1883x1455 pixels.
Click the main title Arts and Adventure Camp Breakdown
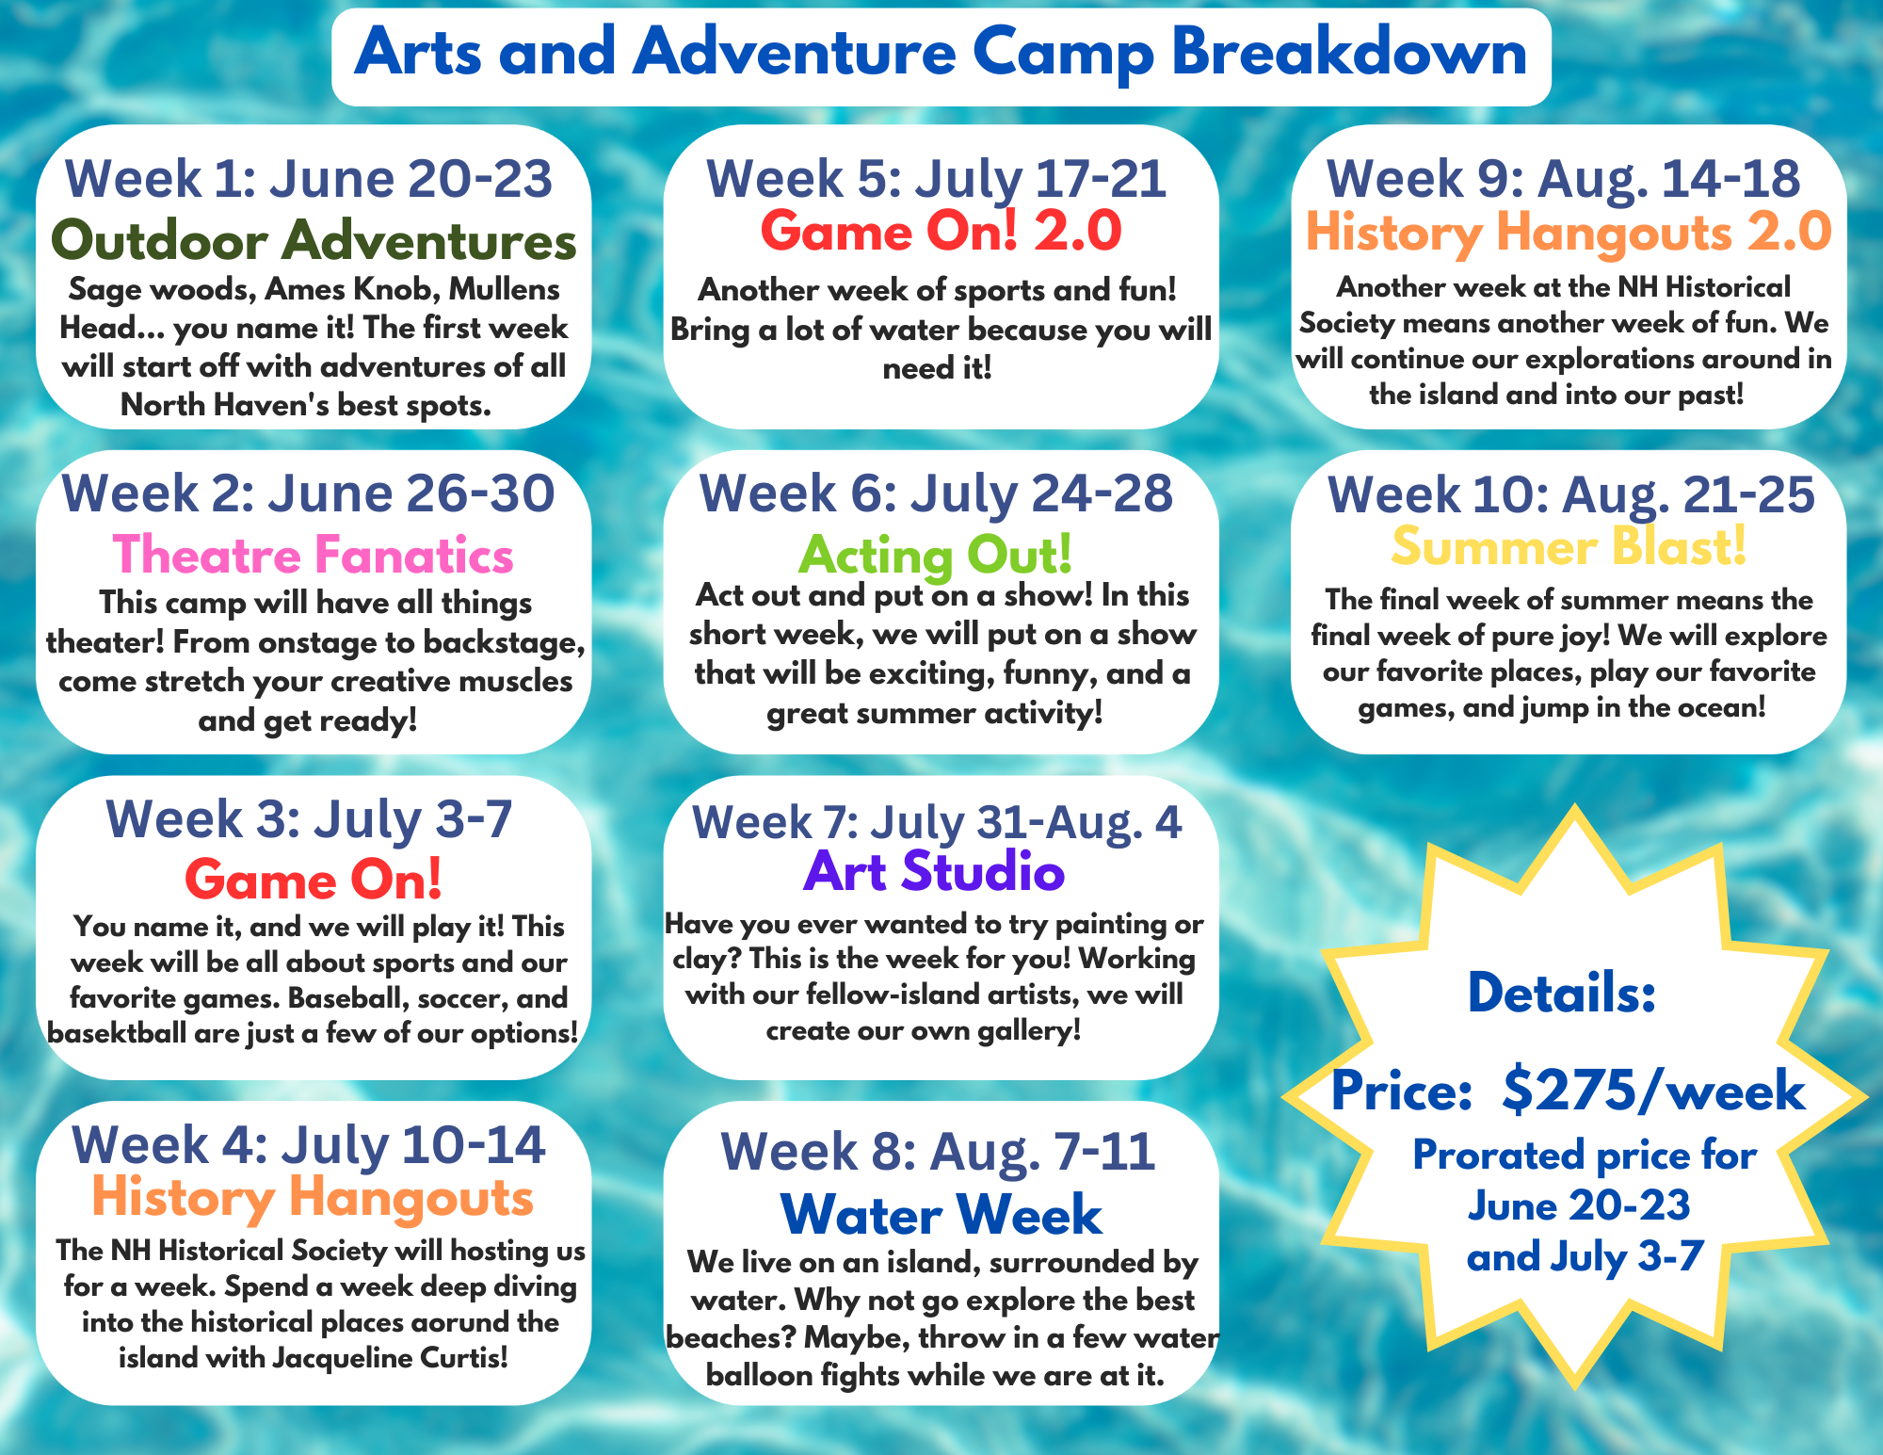941,54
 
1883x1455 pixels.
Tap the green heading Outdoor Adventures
314,241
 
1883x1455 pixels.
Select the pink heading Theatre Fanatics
314,555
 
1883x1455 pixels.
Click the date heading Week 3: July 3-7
309,819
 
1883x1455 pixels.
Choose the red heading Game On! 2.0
941,232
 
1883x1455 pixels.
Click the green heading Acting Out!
935,555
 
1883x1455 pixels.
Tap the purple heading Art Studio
934,872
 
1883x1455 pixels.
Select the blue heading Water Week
941,1215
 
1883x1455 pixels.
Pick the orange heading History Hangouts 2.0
1569,233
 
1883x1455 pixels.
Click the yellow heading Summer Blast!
1569,546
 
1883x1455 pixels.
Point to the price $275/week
1653,1091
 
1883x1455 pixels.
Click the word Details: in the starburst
1562,994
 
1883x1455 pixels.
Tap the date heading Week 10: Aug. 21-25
1570,494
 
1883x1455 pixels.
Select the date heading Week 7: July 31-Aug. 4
937,822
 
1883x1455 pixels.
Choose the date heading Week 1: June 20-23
308,179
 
